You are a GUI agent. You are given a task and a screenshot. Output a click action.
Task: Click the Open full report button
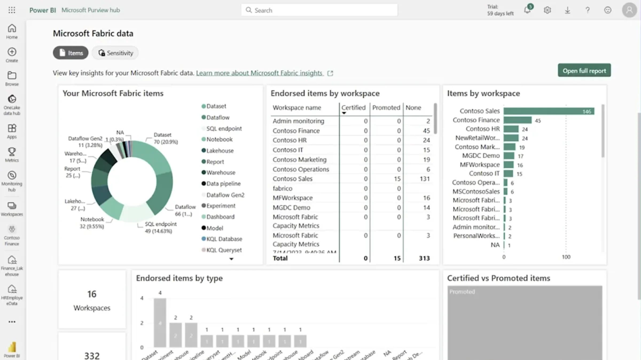tap(584, 71)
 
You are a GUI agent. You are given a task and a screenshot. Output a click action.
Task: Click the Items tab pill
tap(71, 53)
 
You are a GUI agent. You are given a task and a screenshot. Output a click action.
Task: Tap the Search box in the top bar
tap(319, 10)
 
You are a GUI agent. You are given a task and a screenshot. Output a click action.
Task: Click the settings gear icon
tap(547, 10)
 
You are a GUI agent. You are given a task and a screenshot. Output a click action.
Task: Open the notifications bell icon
tap(527, 10)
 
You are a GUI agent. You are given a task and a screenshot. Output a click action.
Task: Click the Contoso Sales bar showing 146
tap(549, 111)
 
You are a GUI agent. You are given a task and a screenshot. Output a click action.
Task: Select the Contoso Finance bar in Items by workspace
tap(518, 120)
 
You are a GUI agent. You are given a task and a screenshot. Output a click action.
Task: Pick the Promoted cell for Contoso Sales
tap(397, 179)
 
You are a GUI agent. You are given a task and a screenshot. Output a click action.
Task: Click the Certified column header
tap(353, 108)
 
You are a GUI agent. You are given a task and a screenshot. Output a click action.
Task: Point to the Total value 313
tap(424, 258)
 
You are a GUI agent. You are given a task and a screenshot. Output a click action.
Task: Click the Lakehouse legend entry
tap(220, 151)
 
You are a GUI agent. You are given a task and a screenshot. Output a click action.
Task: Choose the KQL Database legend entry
tap(224, 239)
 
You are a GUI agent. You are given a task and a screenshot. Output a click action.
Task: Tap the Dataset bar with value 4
tap(160, 323)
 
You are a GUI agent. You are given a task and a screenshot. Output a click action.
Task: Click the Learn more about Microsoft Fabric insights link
tap(259, 73)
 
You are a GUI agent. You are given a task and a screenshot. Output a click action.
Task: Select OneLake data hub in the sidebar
tap(12, 105)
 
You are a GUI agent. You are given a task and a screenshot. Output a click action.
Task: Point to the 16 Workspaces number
tap(92, 294)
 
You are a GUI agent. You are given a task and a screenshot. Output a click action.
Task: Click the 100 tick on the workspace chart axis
tap(566, 257)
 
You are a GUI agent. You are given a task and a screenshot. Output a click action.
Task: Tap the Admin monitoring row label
tap(298, 121)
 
